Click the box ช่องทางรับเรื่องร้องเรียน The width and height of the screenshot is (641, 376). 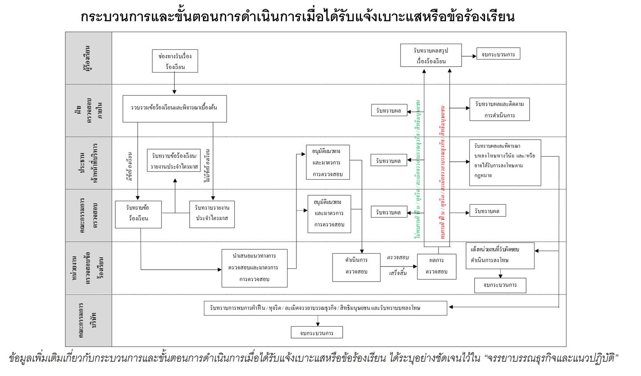point(174,61)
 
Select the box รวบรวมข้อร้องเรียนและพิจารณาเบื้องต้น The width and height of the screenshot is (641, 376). point(174,109)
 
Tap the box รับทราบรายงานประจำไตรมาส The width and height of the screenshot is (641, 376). point(212,214)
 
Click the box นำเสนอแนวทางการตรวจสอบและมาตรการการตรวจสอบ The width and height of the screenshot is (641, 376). point(255,268)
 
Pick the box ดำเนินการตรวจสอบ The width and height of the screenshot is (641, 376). point(356,267)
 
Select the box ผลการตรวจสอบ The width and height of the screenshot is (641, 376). point(436,266)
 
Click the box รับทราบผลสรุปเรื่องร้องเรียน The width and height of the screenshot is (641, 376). point(430,56)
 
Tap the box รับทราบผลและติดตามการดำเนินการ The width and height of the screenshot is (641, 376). point(499,109)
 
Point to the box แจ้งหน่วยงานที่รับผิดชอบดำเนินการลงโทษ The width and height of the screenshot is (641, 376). point(499,255)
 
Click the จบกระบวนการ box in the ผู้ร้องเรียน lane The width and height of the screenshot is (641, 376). point(498,54)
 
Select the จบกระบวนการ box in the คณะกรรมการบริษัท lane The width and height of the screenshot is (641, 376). point(316,332)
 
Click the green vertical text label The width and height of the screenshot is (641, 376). point(418,169)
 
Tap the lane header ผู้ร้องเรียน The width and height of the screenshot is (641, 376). point(88,58)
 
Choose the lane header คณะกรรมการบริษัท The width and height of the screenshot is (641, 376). point(88,320)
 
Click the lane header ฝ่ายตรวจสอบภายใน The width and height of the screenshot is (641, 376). point(88,110)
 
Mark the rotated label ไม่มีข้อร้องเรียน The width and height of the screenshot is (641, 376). point(207,165)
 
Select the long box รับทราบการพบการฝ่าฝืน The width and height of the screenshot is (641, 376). point(325,308)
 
